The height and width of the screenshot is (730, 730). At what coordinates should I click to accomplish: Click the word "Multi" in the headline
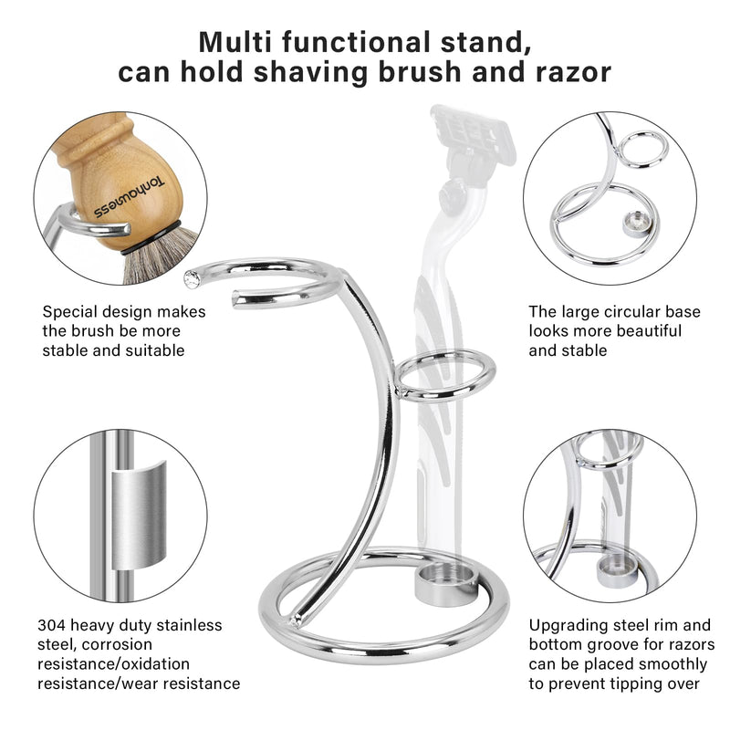[235, 42]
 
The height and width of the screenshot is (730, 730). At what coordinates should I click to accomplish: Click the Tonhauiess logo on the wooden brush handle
[129, 198]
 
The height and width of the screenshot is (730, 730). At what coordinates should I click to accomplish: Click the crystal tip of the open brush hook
[192, 278]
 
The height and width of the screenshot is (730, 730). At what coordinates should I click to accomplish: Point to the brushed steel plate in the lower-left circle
[139, 516]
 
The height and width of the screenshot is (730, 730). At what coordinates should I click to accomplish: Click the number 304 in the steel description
[51, 625]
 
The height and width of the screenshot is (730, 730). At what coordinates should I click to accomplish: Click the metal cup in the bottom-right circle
[617, 570]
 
